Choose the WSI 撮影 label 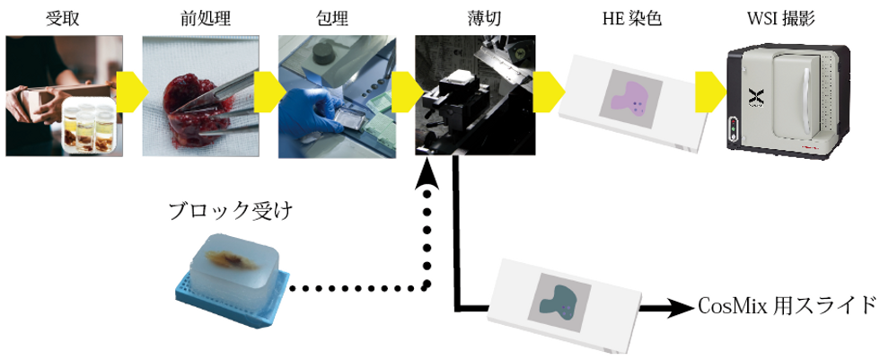tap(779, 16)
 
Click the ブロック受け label tap(225, 212)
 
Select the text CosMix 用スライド tap(786, 305)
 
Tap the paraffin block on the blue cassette tap(232, 264)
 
